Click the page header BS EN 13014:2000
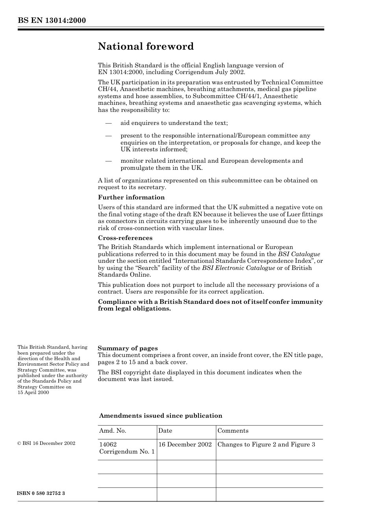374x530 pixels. [x=52, y=20]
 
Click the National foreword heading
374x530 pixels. [x=146, y=46]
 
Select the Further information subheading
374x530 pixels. [x=131, y=197]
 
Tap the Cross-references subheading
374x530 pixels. [x=125, y=238]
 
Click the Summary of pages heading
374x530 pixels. [x=128, y=348]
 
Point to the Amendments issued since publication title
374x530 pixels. [x=161, y=416]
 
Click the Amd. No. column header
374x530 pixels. [x=113, y=431]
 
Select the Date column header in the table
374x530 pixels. [x=165, y=431]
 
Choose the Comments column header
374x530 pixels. [x=233, y=431]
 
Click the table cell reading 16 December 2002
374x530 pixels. [x=185, y=444]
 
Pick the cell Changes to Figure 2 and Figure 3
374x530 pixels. [x=266, y=444]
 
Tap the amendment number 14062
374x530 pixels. [x=108, y=444]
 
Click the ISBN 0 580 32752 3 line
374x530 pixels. [x=41, y=493]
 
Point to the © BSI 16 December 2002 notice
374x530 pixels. [x=46, y=443]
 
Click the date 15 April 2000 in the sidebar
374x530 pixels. [x=33, y=392]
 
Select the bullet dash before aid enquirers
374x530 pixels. [x=109, y=123]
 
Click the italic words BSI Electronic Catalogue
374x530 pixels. [x=238, y=268]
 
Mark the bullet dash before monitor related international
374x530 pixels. [x=109, y=161]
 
